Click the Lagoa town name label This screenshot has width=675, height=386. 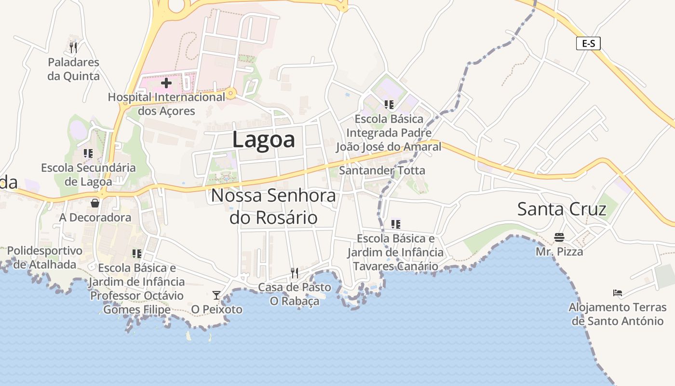(263, 139)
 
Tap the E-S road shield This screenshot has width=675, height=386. (588, 43)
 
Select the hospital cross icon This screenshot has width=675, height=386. (166, 83)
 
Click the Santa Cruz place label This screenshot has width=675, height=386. (561, 209)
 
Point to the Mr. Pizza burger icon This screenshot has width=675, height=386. (559, 237)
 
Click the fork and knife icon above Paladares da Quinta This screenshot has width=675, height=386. (73, 47)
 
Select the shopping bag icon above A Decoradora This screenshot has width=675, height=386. (95, 203)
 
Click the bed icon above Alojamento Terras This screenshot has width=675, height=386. (618, 292)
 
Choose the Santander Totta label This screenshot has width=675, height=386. (382, 170)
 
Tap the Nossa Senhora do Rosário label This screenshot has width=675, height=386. (273, 207)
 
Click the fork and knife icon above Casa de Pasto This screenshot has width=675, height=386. (295, 273)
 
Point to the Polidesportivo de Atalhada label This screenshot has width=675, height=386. (45, 257)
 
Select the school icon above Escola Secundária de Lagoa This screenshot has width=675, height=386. (88, 153)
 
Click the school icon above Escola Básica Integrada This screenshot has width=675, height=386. (389, 104)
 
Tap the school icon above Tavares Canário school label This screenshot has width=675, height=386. (396, 224)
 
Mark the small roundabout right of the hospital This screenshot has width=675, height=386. (231, 93)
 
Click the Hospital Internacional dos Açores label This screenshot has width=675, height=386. (166, 104)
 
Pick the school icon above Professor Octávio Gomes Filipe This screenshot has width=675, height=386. (137, 253)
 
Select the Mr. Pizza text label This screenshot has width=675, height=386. (559, 252)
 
